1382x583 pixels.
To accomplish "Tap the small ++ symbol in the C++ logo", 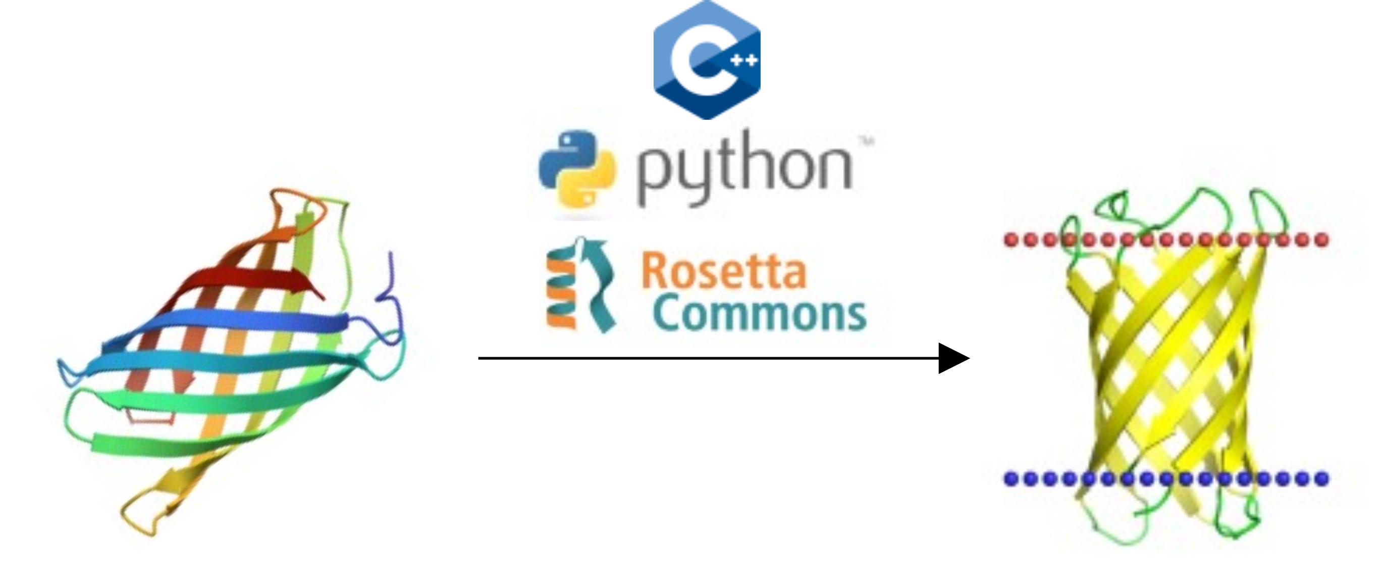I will (745, 60).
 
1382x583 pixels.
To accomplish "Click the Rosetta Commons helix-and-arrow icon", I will (579, 284).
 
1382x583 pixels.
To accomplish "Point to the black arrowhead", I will (953, 358).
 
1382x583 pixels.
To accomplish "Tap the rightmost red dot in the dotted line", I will (1322, 239).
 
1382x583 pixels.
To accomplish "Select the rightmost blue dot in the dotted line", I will (1322, 478).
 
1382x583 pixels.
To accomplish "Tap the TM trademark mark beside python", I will (865, 142).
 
